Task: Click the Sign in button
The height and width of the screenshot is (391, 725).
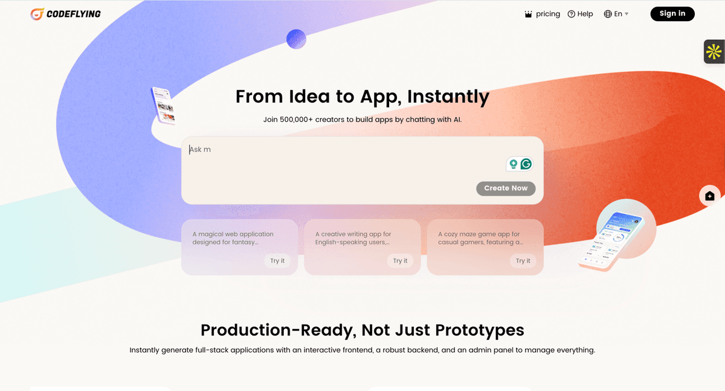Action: pyautogui.click(x=672, y=13)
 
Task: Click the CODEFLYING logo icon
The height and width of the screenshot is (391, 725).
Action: pyautogui.click(x=37, y=14)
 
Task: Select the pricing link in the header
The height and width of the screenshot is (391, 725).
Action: pyautogui.click(x=547, y=14)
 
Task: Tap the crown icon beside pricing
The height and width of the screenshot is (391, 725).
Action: pyautogui.click(x=528, y=14)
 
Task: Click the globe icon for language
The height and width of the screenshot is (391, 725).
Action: pyautogui.click(x=608, y=14)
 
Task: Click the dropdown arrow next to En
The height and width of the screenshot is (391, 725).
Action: pyautogui.click(x=627, y=14)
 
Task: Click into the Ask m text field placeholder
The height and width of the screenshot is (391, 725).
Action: pyautogui.click(x=200, y=149)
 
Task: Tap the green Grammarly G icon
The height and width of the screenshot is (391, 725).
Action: pyautogui.click(x=526, y=164)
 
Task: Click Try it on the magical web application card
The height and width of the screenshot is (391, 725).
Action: pyautogui.click(x=277, y=261)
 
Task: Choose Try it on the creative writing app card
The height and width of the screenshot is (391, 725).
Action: pyautogui.click(x=400, y=261)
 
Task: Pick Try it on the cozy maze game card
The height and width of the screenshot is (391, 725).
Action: pyautogui.click(x=523, y=261)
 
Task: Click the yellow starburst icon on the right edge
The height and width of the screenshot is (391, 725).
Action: pyautogui.click(x=714, y=52)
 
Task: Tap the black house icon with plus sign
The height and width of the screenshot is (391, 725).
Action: pyautogui.click(x=710, y=196)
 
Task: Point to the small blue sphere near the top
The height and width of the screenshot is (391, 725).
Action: pyautogui.click(x=296, y=39)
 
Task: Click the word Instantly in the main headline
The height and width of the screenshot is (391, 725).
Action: pyautogui.click(x=448, y=97)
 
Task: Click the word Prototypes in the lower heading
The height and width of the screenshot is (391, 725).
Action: pyautogui.click(x=479, y=330)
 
